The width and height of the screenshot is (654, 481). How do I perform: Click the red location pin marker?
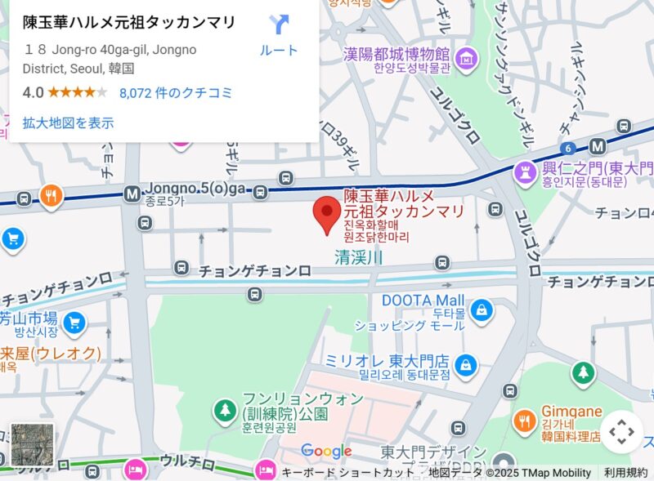(x=328, y=213)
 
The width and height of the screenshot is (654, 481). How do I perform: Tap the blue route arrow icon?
(x=279, y=24)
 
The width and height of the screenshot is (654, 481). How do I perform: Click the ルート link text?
(x=279, y=50)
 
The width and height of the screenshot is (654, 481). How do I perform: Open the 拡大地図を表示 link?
(x=68, y=123)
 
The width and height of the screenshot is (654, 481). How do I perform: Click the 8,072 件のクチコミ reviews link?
(x=176, y=92)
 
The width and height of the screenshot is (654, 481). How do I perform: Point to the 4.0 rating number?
(x=33, y=92)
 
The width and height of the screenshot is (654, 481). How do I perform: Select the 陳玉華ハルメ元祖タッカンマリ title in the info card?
(x=129, y=22)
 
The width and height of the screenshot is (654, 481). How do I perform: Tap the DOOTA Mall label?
(x=423, y=301)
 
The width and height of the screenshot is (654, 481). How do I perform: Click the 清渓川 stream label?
(x=359, y=257)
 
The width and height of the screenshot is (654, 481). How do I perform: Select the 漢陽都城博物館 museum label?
(x=397, y=55)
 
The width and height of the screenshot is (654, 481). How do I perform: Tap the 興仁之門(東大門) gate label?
(x=598, y=169)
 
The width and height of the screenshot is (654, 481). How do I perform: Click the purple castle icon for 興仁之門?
(x=523, y=171)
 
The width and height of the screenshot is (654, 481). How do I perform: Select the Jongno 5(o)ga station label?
(x=195, y=189)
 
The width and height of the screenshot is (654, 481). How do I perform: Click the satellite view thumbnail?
(x=32, y=444)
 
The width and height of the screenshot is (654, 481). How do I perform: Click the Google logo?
(x=326, y=451)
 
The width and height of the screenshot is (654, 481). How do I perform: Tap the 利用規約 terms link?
(x=625, y=473)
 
